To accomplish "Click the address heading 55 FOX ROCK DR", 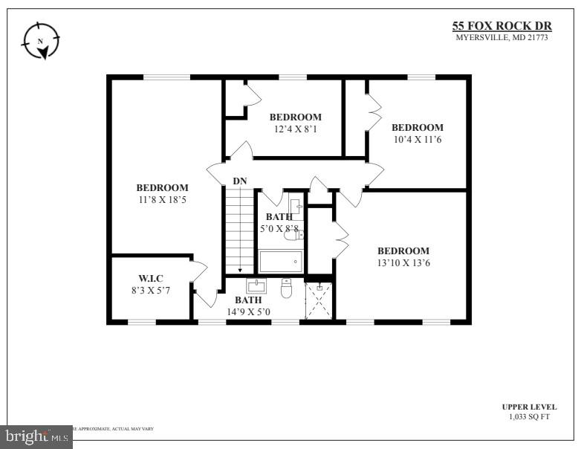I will [x=502, y=26].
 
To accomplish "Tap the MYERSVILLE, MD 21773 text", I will [x=502, y=38].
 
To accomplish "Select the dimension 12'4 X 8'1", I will [x=295, y=129].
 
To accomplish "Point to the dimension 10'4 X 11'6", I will [x=417, y=139].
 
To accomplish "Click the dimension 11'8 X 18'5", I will [x=162, y=199].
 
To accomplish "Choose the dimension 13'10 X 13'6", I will [x=403, y=262].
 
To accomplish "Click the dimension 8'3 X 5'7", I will [x=151, y=291].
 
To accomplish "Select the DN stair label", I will [x=240, y=181].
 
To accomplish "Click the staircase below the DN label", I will [x=240, y=230].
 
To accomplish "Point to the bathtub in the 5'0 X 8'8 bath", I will [x=281, y=262].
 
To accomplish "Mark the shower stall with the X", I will [x=319, y=300].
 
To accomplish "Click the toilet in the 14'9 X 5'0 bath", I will [x=287, y=288].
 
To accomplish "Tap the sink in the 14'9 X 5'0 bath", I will [x=256, y=285].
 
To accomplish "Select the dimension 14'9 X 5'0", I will [x=248, y=311].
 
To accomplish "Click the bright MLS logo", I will [x=36, y=437].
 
